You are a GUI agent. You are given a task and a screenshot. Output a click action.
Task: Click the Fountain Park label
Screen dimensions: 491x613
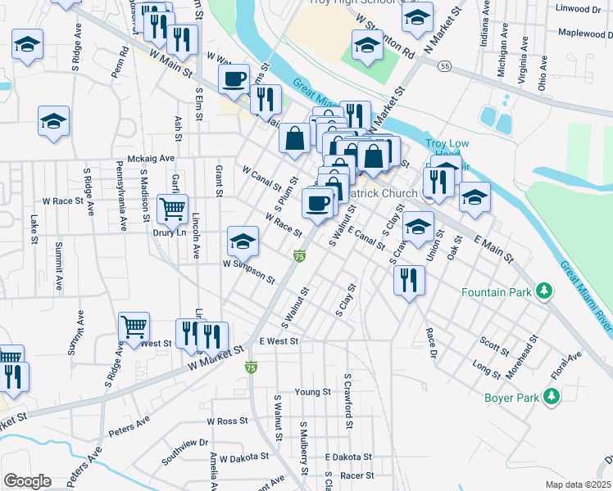click(496, 292)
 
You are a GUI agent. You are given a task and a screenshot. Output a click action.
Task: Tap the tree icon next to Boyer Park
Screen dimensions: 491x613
click(552, 397)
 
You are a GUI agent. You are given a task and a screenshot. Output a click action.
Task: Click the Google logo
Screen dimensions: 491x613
click(27, 480)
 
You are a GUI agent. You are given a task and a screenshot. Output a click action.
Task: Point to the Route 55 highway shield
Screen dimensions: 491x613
click(443, 65)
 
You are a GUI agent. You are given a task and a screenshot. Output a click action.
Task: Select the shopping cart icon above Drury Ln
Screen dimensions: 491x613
click(172, 209)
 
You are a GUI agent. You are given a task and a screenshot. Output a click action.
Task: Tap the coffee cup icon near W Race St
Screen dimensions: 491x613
click(317, 203)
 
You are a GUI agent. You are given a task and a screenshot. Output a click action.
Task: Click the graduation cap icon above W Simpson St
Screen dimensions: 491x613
click(242, 241)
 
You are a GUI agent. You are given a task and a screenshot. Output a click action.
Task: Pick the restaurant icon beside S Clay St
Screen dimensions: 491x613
click(407, 280)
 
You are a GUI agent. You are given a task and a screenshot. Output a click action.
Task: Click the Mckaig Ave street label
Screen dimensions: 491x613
click(152, 158)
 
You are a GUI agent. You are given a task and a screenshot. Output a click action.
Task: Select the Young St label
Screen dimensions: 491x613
click(312, 392)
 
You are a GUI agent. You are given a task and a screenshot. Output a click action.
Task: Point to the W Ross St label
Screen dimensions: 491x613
click(227, 421)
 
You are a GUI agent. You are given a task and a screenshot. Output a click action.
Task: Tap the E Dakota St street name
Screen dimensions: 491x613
click(348, 457)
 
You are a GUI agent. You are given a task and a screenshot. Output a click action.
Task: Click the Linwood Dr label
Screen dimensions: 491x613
click(578, 9)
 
